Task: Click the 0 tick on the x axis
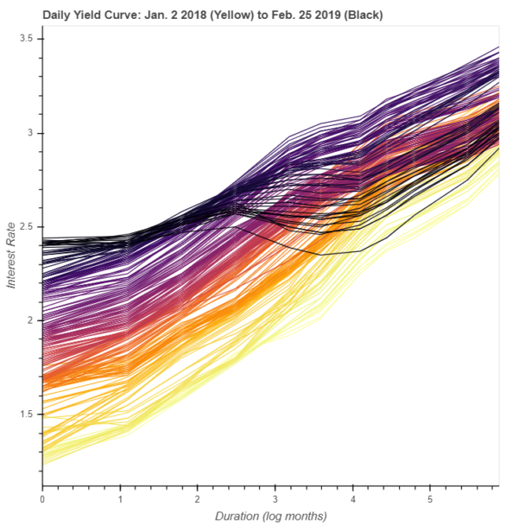pos(42,498)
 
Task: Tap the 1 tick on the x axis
pos(120,498)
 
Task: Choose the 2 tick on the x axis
pos(198,498)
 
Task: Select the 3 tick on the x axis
pos(275,498)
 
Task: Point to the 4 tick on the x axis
pos(353,498)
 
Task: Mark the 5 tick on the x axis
pos(431,498)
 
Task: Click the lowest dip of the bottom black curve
pos(321,255)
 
